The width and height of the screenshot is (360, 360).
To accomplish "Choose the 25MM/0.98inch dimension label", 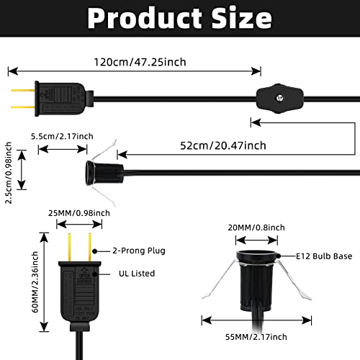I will pyautogui.click(x=78, y=212).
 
